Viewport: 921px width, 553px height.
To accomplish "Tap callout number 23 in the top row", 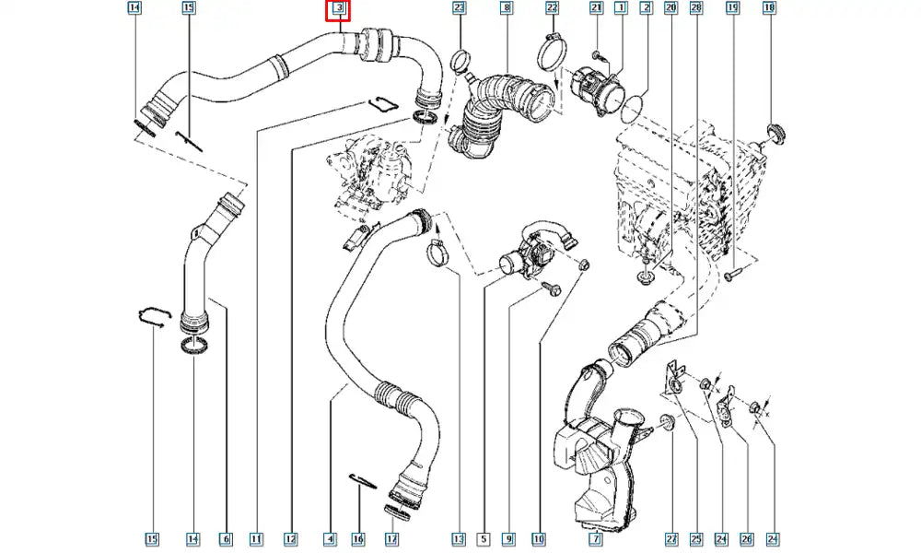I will pyautogui.click(x=460, y=8).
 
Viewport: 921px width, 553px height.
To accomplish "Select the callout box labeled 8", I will pyautogui.click(x=506, y=8).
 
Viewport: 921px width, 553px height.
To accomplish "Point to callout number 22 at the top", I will pyautogui.click(x=552, y=8).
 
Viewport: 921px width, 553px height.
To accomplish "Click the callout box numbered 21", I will pyautogui.click(x=596, y=8).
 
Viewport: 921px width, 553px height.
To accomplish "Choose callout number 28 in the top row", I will pyautogui.click(x=695, y=8).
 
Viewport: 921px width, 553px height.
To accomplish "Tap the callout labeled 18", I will pyautogui.click(x=769, y=8).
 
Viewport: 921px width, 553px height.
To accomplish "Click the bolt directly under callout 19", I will pyautogui.click(x=729, y=274).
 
